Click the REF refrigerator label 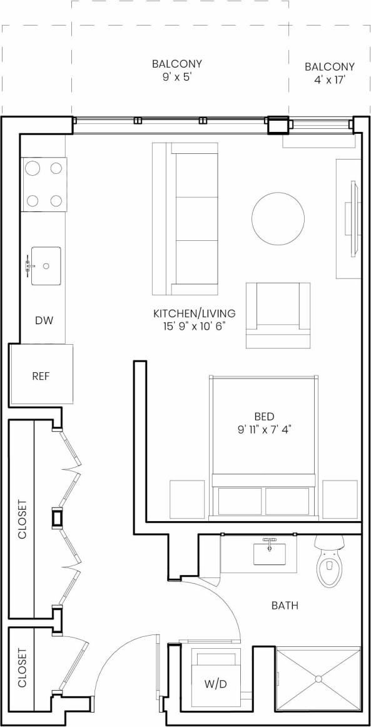(41, 377)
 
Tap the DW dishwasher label (43, 321)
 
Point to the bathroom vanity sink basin (270, 554)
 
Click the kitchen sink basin (46, 266)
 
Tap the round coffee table (280, 218)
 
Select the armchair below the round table (278, 313)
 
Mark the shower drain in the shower (318, 679)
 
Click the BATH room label (285, 606)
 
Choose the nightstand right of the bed (340, 499)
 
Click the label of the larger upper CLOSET (22, 519)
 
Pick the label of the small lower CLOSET (22, 668)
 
